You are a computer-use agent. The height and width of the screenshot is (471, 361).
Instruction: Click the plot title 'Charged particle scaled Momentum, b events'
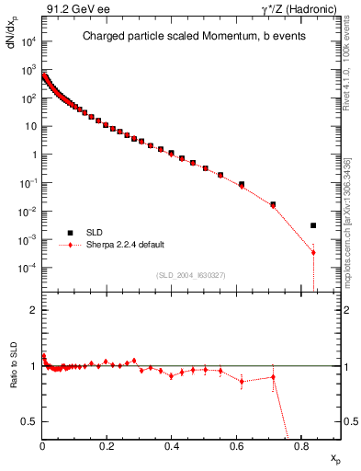click(x=182, y=37)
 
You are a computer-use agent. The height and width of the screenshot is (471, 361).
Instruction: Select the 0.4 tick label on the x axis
click(x=172, y=447)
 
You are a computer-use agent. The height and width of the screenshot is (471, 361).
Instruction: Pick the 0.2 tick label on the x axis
click(x=107, y=447)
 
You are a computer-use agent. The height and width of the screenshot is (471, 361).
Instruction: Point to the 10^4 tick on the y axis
click(x=28, y=42)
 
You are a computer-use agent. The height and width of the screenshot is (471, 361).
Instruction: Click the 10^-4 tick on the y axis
click(x=28, y=268)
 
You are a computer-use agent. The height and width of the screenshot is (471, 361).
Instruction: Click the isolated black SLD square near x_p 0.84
click(x=313, y=225)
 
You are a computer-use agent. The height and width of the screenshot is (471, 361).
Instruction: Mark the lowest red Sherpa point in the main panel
click(x=313, y=252)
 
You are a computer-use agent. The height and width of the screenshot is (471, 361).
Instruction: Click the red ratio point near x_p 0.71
click(x=273, y=377)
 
